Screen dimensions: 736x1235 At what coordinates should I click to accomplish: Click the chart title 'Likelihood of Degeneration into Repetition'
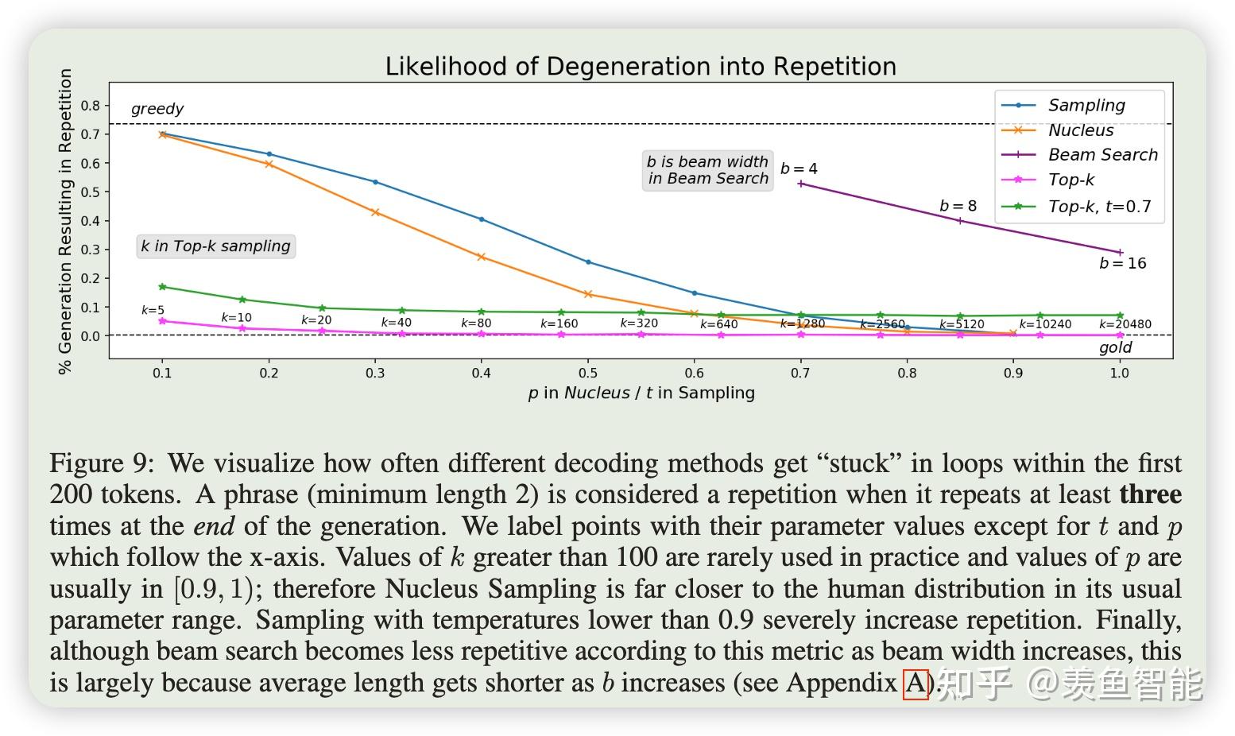coord(641,66)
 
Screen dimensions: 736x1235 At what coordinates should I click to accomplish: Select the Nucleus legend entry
coord(1080,130)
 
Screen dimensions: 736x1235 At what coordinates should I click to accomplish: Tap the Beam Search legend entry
coord(1102,154)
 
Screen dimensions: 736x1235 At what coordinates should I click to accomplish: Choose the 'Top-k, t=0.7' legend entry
coord(1099,207)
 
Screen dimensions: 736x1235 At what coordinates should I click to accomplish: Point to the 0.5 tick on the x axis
coord(587,373)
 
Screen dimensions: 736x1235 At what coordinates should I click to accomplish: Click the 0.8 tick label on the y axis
coord(91,105)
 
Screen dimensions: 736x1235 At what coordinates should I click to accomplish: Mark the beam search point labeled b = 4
coord(801,184)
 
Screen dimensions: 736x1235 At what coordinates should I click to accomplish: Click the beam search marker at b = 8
coord(960,220)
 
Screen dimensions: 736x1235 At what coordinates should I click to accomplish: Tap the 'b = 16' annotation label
coord(1122,263)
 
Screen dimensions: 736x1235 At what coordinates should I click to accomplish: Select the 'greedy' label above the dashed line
coord(157,109)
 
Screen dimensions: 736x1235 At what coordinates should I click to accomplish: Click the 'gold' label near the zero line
coord(1115,347)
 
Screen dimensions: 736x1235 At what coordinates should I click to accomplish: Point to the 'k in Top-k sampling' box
coord(215,246)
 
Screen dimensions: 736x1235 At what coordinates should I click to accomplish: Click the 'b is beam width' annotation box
coord(708,170)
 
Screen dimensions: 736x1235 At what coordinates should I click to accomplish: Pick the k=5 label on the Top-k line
coord(153,310)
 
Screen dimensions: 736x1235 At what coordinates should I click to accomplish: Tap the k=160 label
coord(559,323)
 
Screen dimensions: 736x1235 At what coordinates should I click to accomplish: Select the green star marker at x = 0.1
coord(162,287)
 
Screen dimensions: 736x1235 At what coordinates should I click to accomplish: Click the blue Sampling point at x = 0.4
coord(482,219)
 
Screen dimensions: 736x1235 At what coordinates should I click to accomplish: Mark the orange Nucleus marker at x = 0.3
coord(375,212)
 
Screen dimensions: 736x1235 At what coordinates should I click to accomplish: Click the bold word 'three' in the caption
coord(1150,494)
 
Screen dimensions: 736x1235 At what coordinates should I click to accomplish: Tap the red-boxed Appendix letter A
coord(916,684)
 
